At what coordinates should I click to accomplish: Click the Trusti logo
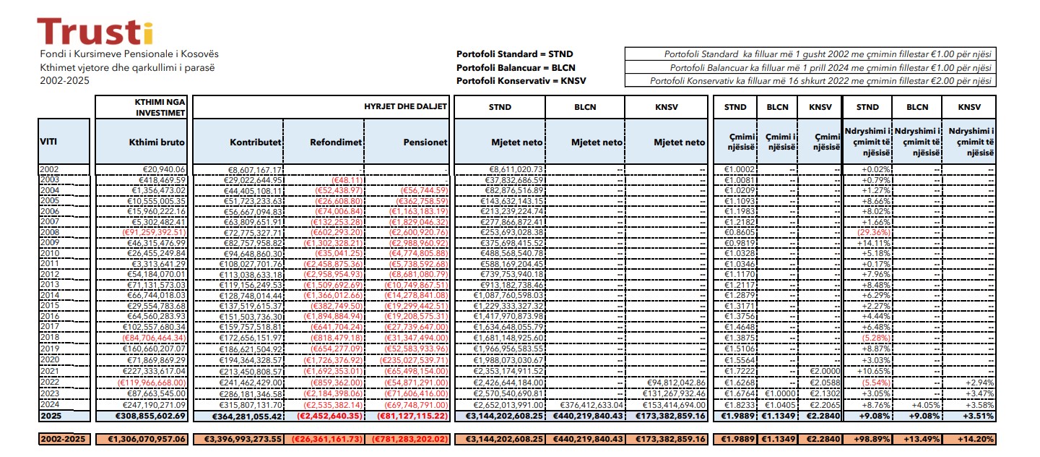[95, 31]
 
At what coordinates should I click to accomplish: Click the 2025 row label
[51, 417]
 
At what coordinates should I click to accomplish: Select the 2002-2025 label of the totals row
[65, 438]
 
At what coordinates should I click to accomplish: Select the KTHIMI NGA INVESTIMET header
[155, 107]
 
